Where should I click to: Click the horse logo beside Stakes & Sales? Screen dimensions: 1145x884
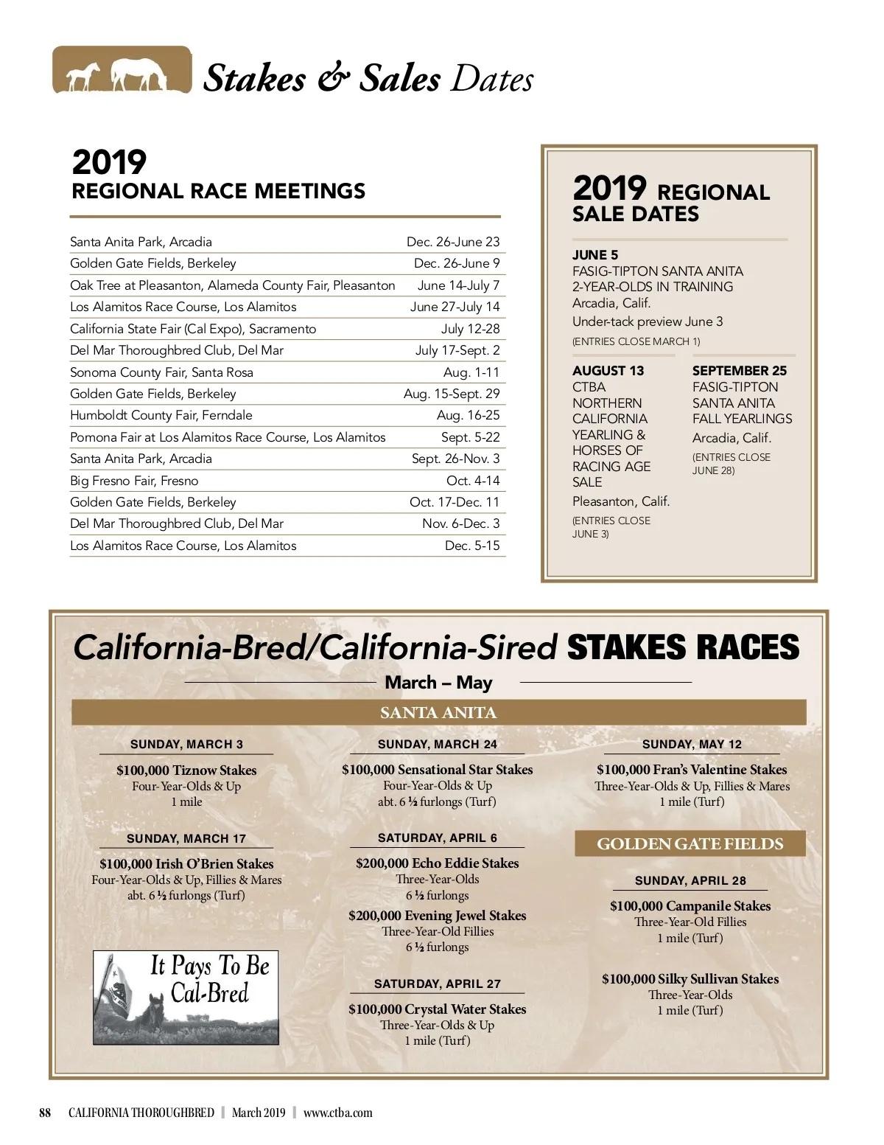point(122,71)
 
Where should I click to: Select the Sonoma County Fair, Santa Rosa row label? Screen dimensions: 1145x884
point(161,372)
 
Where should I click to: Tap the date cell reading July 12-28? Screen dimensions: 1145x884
point(470,329)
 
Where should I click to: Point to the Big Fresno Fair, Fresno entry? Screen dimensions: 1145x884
point(134,481)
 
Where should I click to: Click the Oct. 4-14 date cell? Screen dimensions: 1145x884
point(473,481)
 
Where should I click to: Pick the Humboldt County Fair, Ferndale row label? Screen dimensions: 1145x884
point(161,415)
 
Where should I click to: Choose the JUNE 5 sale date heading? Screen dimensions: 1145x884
point(595,255)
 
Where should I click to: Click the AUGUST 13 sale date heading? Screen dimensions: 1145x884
point(608,371)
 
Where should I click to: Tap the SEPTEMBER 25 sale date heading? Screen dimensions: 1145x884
point(739,371)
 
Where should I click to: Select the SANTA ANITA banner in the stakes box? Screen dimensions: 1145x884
point(438,713)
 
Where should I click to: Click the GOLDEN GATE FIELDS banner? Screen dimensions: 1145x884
point(690,844)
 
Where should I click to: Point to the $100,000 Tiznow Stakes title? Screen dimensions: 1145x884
point(186,770)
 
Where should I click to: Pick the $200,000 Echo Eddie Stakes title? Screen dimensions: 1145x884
point(437,863)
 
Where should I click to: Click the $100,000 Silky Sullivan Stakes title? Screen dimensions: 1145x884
point(690,979)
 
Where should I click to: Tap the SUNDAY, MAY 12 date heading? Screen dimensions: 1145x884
point(692,745)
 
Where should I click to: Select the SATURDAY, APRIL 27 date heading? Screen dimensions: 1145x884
point(437,984)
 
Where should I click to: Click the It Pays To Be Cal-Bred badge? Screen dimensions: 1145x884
point(186,997)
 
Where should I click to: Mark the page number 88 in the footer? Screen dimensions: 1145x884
point(45,1113)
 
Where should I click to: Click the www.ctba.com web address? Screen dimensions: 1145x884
point(337,1113)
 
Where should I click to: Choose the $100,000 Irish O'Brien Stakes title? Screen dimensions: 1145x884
point(186,864)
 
